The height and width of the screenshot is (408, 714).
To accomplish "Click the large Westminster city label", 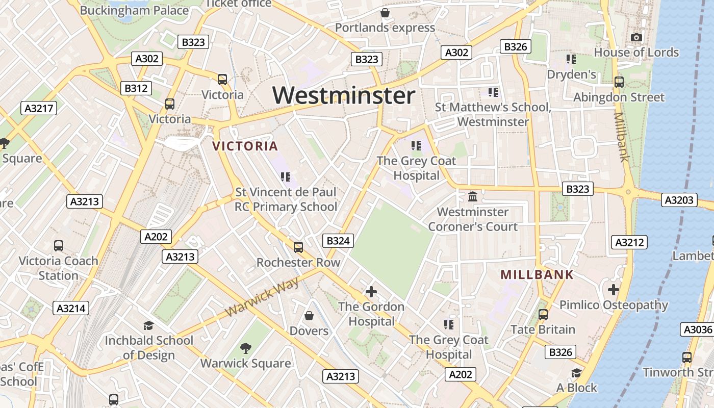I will click(344, 95).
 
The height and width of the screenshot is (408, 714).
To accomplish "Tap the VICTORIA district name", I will click(245, 146).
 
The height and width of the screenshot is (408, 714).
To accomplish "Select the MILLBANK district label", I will click(537, 275).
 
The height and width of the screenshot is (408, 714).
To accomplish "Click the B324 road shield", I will click(338, 241).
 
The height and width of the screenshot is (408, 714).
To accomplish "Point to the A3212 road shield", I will click(630, 242).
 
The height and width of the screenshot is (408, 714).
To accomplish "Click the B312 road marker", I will click(136, 88).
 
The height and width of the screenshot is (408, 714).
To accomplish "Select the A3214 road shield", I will click(71, 308).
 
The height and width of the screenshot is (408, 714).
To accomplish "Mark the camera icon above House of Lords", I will click(636, 37).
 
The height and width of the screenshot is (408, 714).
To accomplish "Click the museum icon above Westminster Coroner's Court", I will click(473, 196).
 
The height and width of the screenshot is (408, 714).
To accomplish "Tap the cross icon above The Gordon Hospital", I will click(371, 292).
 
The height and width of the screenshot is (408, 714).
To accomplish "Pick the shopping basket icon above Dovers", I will click(309, 316).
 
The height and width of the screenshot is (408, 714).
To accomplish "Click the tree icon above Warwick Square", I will click(245, 348).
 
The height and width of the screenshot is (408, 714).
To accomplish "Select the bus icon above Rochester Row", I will click(298, 247).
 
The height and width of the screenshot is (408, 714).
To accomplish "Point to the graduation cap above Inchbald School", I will click(148, 325).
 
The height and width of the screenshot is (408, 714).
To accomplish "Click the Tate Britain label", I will click(543, 329).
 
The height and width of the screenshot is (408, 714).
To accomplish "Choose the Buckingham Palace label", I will click(134, 10).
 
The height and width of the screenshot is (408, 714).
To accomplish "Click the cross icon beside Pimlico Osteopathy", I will click(613, 290).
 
